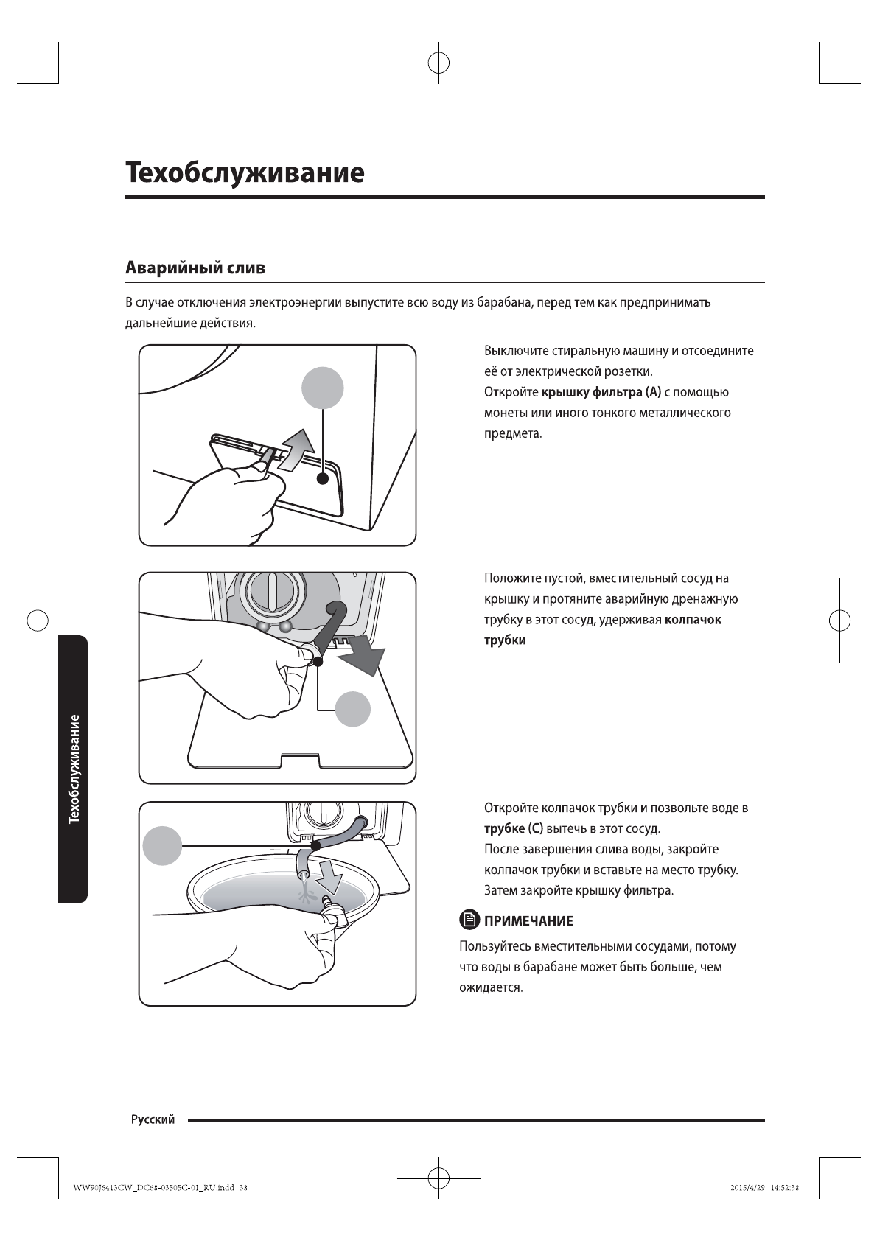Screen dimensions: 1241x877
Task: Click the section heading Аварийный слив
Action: tap(195, 268)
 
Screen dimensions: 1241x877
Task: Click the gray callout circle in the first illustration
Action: tap(324, 388)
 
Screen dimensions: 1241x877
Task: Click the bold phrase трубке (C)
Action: tap(513, 829)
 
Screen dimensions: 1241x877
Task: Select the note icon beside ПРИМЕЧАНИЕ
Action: tap(469, 920)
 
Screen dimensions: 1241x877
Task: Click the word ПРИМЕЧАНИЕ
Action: tap(528, 921)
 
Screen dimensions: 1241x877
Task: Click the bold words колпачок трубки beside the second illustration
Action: tap(602, 630)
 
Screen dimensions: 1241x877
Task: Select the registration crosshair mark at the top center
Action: tap(438, 63)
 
